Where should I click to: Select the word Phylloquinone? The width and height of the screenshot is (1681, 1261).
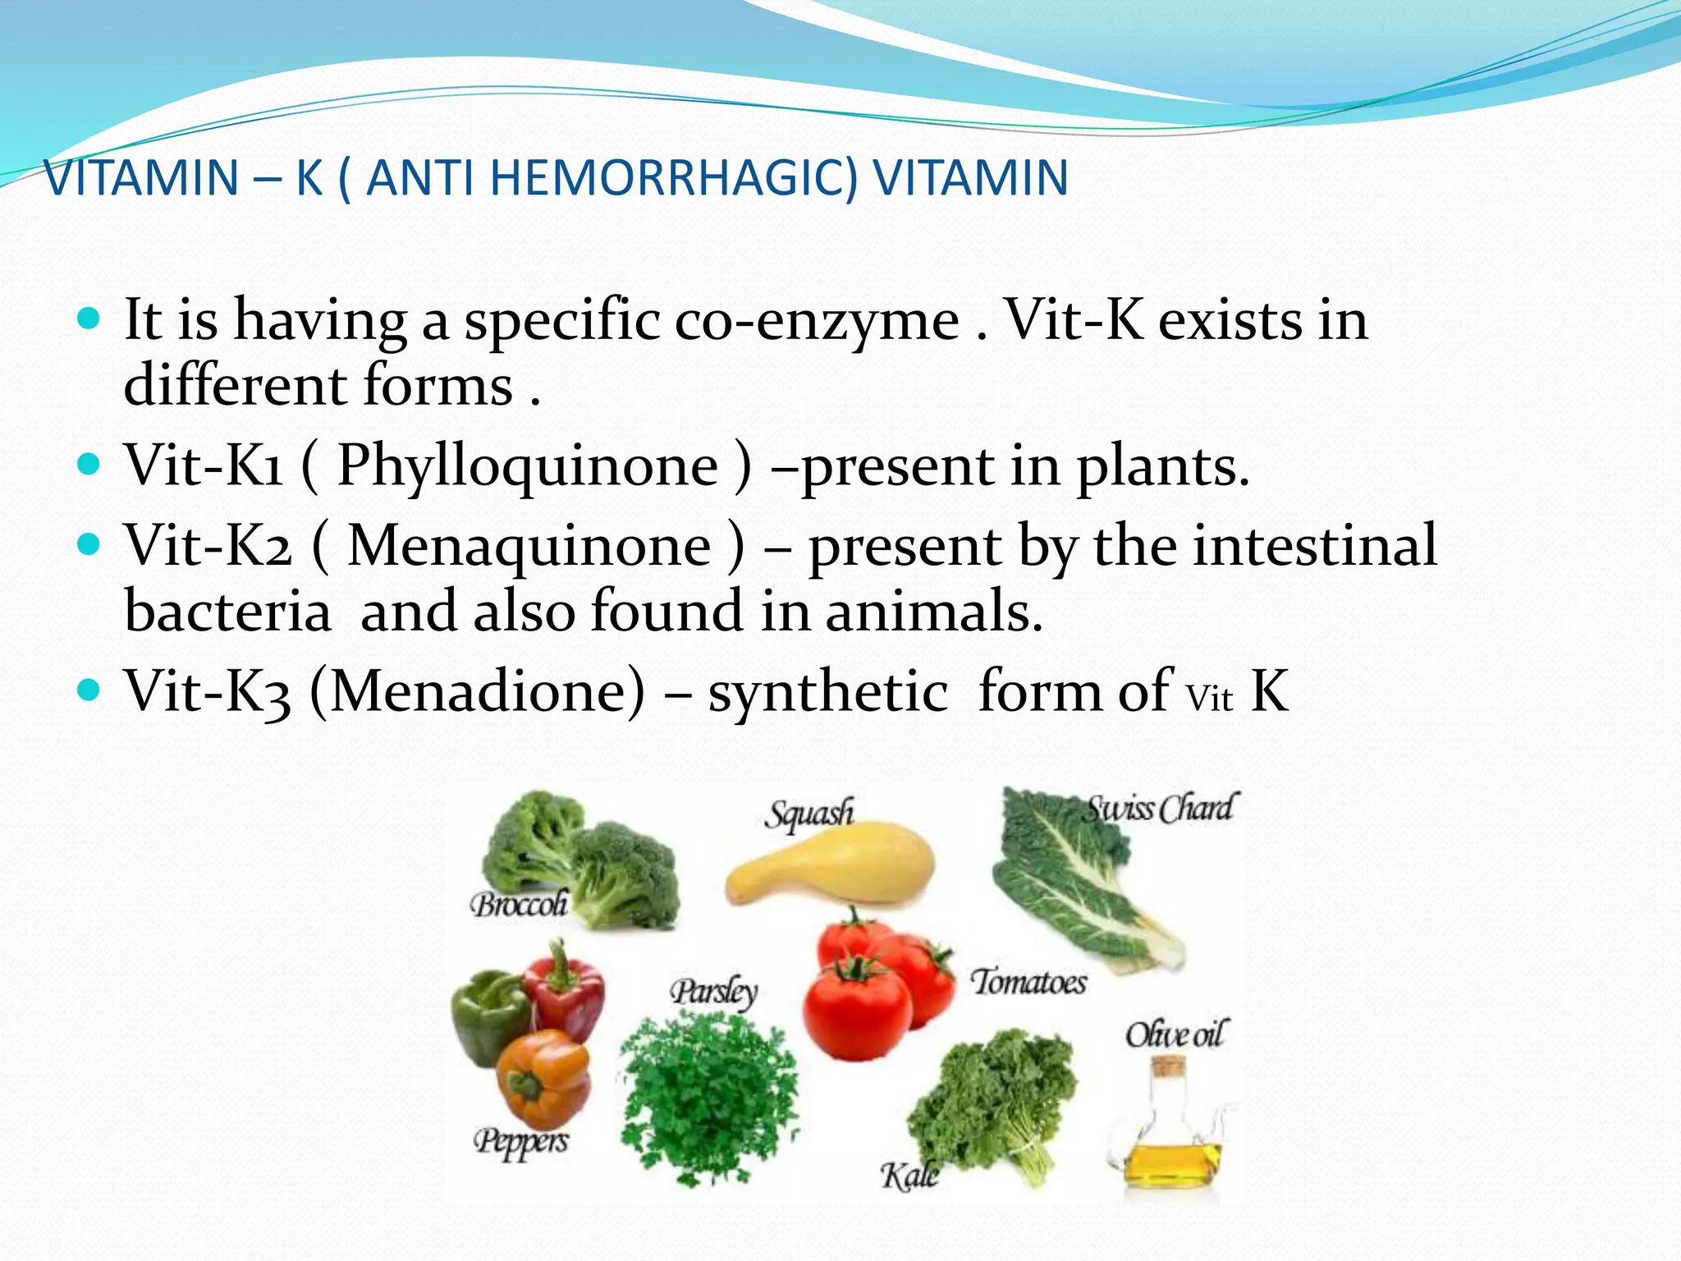(528, 466)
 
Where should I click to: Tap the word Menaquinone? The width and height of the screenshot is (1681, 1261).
(529, 545)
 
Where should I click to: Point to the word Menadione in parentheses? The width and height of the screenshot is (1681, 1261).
(479, 691)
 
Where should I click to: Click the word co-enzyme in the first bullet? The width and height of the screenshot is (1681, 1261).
(816, 320)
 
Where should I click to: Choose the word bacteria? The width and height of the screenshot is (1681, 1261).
(227, 612)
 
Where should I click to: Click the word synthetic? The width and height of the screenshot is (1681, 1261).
(827, 691)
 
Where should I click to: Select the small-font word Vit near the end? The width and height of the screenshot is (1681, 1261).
(1209, 699)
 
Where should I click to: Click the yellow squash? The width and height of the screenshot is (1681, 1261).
(829, 870)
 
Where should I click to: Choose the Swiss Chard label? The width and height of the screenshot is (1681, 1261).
(1160, 809)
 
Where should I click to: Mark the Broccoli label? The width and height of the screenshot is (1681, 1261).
(519, 905)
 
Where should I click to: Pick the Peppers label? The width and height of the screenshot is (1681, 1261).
(521, 1141)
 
